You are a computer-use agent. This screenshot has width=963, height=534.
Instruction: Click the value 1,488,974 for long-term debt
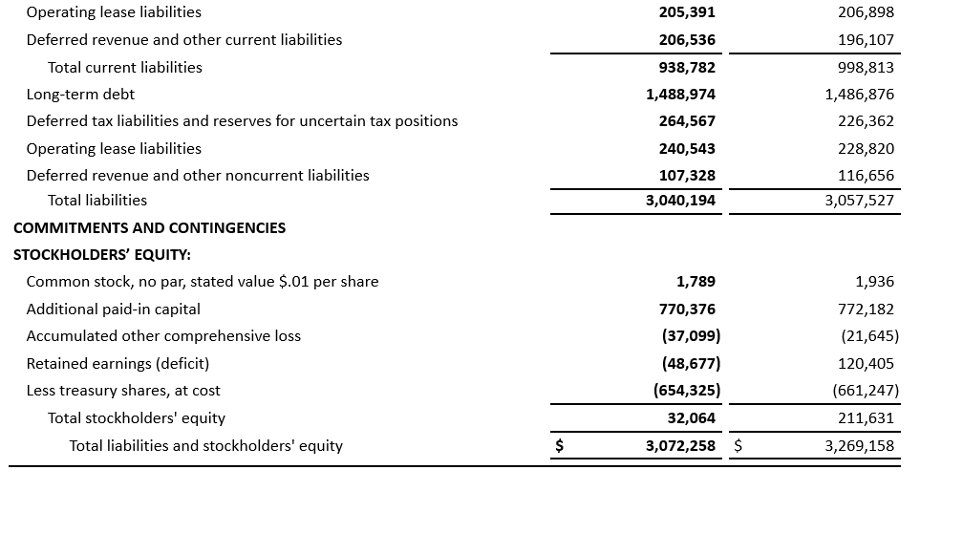point(680,95)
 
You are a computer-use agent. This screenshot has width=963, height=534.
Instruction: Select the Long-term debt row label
point(80,95)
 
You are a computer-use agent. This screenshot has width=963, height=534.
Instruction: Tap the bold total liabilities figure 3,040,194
point(680,201)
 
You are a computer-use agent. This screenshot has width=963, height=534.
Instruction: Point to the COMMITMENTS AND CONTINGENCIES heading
point(149,227)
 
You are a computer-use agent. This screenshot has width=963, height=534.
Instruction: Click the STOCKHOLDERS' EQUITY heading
point(102,255)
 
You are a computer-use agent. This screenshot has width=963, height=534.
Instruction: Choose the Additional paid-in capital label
point(113,310)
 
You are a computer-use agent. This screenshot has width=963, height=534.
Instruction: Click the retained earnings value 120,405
point(867,364)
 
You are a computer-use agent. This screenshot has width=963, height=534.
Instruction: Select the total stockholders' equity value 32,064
point(691,418)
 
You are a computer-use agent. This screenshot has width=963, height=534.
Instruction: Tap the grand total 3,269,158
point(859,446)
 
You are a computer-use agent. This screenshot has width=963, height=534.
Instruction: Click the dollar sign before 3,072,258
point(561,446)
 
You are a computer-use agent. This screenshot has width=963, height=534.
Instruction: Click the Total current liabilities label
point(125,68)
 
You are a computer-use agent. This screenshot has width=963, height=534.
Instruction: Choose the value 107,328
point(687,176)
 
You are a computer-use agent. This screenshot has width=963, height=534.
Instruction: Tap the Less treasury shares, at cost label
point(123,391)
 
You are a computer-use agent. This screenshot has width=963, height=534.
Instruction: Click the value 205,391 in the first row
point(687,12)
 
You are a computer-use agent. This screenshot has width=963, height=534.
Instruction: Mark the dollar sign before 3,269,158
point(738,446)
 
